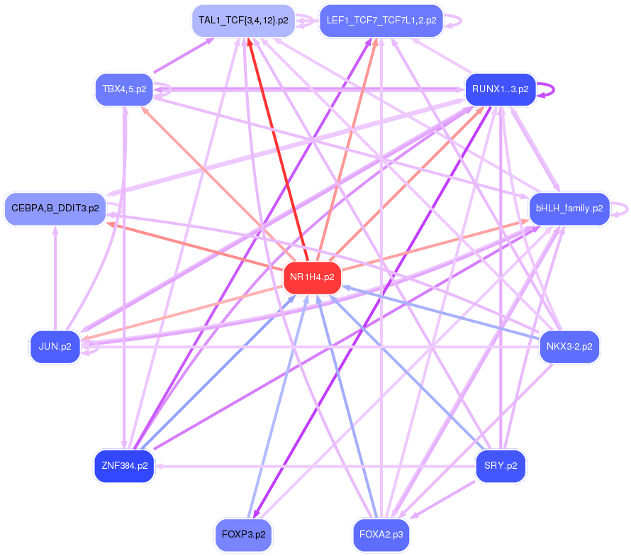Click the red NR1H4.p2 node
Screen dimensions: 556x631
pyautogui.click(x=312, y=277)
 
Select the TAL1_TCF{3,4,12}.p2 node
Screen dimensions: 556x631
pyautogui.click(x=243, y=21)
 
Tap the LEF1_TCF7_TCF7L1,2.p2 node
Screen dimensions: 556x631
pyautogui.click(x=381, y=21)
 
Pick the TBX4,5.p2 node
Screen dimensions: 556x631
pyautogui.click(x=124, y=89)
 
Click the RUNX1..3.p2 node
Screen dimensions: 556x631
pyautogui.click(x=500, y=89)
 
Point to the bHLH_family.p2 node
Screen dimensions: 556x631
pyautogui.click(x=569, y=208)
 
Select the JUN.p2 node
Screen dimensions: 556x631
pyautogui.click(x=55, y=347)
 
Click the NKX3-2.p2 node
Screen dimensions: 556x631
pyautogui.click(x=569, y=347)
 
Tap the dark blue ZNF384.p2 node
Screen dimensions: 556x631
pyautogui.click(x=124, y=466)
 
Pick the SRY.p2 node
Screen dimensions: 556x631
pyautogui.click(x=500, y=466)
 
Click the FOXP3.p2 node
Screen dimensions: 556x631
pyautogui.click(x=243, y=535)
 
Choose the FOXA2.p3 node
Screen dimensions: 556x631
pyautogui.click(x=381, y=535)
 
